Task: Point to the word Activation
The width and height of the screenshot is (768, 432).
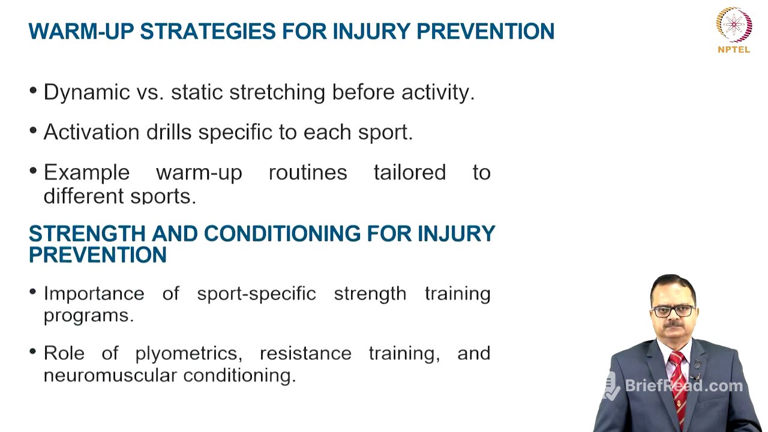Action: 92,133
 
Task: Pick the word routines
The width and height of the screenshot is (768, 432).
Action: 308,173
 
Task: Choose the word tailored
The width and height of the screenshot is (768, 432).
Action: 410,173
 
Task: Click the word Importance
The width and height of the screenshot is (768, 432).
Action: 94,293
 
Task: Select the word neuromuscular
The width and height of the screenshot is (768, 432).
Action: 110,376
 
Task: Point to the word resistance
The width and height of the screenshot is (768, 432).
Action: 305,353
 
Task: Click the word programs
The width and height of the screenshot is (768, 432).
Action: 88,316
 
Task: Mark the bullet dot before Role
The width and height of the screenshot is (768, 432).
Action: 32,351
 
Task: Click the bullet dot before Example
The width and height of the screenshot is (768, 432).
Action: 32,170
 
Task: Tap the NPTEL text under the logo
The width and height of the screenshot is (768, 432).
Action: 734,50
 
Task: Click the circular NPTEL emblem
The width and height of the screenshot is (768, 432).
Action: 734,24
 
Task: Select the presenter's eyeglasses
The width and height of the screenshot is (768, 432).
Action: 673,311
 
